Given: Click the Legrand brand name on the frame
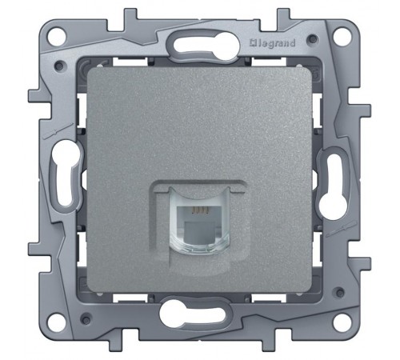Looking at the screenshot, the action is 273,43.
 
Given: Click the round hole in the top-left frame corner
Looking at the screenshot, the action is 56,35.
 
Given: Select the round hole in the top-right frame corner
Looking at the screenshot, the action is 341,35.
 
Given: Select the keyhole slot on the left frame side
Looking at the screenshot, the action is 66,174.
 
